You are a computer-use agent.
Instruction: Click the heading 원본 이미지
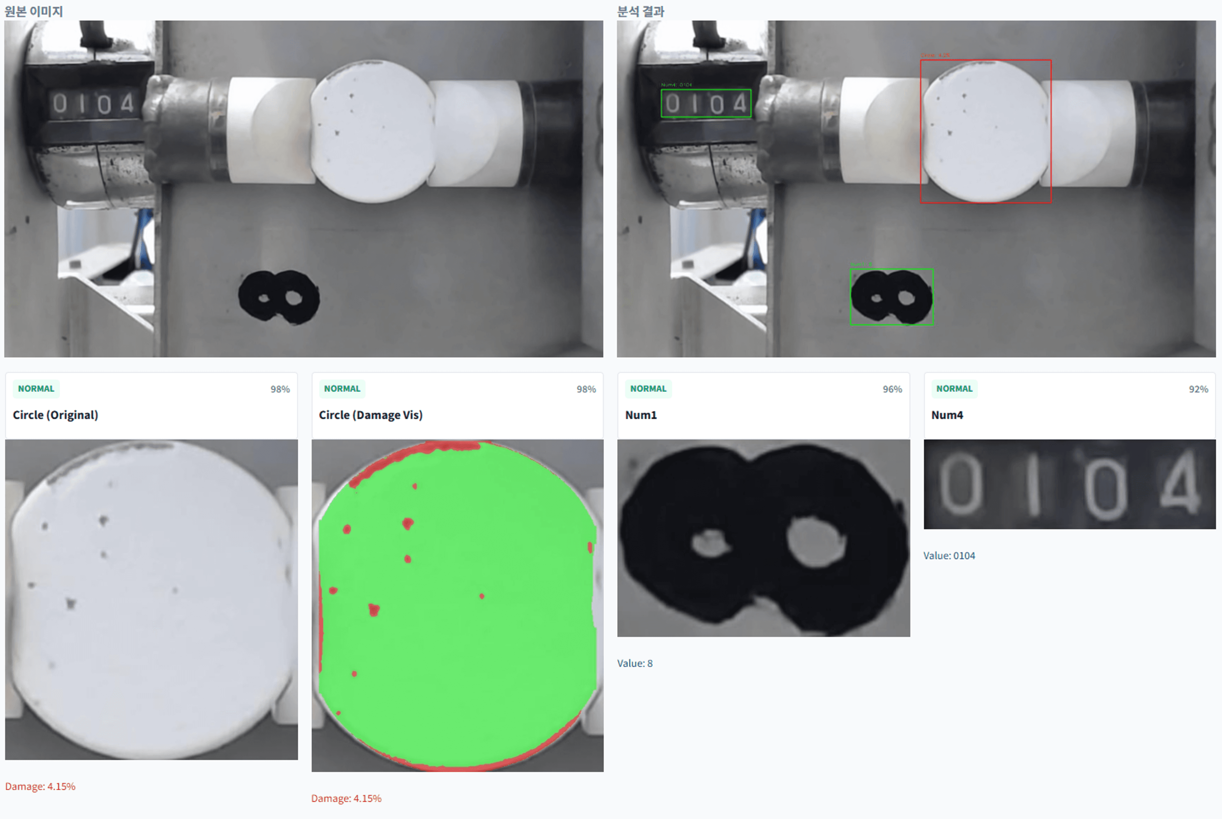(33, 11)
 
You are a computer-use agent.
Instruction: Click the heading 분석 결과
(640, 11)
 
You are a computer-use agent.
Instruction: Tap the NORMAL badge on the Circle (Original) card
(36, 389)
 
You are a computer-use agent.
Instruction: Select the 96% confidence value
(891, 389)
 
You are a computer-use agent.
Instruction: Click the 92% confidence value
(1198, 389)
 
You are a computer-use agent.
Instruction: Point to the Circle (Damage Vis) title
(370, 415)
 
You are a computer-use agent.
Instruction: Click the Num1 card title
(640, 415)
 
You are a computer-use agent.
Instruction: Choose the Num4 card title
(947, 415)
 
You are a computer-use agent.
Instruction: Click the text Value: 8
(635, 663)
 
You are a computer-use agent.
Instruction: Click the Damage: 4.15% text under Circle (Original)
(40, 786)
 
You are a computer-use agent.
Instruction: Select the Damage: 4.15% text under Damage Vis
(346, 798)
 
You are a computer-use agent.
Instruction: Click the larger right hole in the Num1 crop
(815, 542)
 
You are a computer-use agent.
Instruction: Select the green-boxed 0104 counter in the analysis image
(706, 103)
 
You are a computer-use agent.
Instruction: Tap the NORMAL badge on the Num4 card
(954, 389)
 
